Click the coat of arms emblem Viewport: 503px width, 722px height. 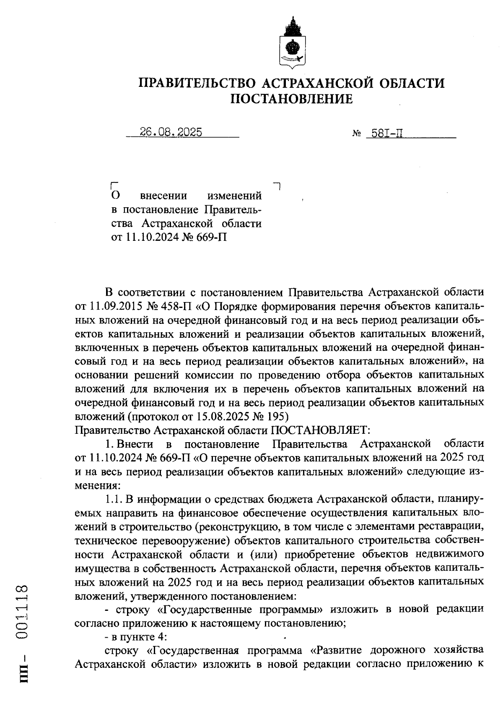click(292, 43)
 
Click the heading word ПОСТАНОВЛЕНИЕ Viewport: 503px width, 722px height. click(292, 99)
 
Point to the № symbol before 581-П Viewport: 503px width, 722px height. click(357, 134)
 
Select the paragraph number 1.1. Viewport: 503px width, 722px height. click(112, 499)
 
